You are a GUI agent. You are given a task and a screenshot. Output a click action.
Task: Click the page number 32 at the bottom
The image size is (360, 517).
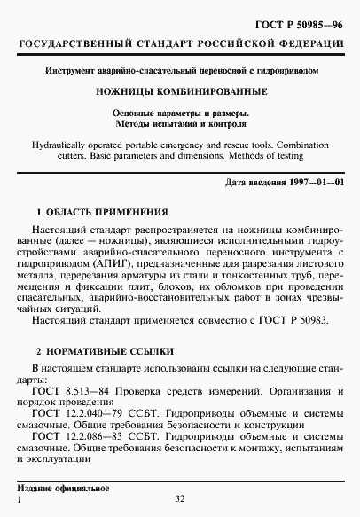(180, 501)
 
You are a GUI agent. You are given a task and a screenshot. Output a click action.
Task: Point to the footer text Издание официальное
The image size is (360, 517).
(64, 490)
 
